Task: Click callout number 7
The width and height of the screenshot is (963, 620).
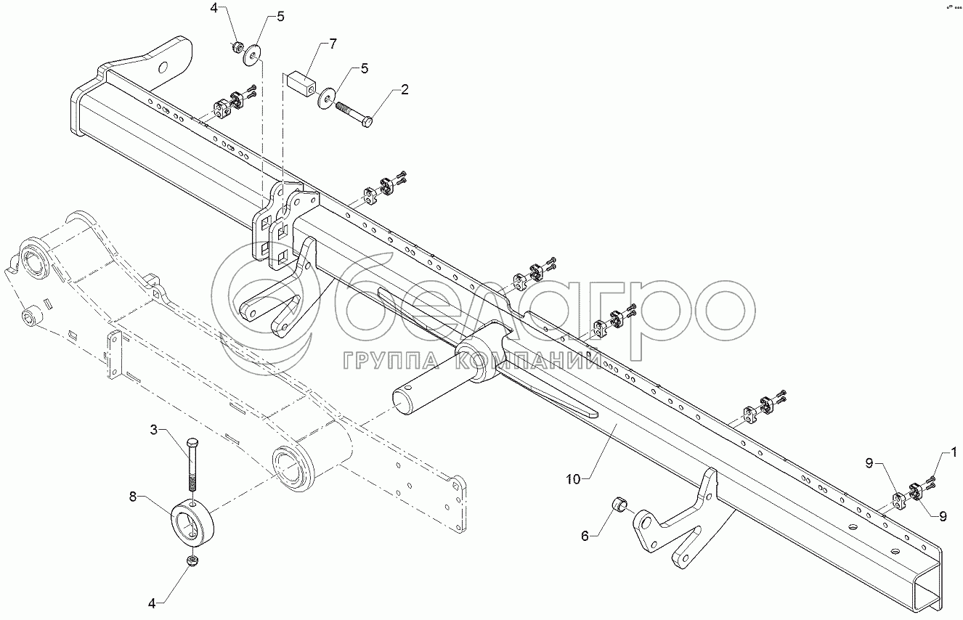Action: tap(332, 44)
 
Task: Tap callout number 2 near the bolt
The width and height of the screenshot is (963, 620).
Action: tap(405, 90)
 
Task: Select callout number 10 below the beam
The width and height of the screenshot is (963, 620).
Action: tap(574, 478)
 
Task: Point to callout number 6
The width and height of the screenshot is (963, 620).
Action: tap(585, 537)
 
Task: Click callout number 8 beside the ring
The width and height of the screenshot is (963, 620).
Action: tap(133, 497)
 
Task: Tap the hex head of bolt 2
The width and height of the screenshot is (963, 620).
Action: tap(367, 122)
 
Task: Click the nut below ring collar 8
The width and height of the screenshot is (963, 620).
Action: tap(192, 560)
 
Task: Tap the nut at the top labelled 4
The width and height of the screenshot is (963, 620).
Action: tap(237, 47)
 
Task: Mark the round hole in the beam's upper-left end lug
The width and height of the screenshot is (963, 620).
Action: tap(163, 68)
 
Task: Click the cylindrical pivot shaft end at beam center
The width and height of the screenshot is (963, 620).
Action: tap(408, 399)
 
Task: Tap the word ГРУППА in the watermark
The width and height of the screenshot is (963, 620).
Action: tap(389, 361)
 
